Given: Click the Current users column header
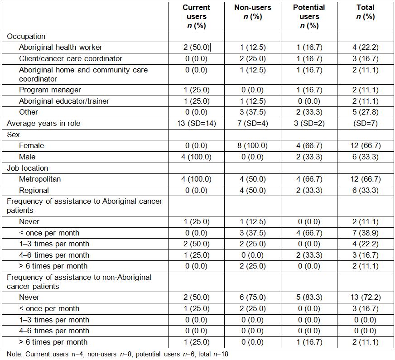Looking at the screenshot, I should [x=196, y=16].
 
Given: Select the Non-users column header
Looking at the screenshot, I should [x=252, y=12].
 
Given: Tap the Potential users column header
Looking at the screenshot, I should [x=308, y=16].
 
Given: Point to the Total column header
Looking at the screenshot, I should [x=365, y=12].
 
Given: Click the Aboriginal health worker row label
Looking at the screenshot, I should [x=61, y=48].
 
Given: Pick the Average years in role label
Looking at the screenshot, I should [x=43, y=123].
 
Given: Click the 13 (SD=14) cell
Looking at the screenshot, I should [x=196, y=123].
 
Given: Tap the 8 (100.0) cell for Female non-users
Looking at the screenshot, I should [x=252, y=146].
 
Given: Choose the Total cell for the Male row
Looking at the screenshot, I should [x=365, y=157].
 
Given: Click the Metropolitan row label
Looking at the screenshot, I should [x=40, y=179].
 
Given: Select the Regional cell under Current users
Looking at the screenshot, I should [x=196, y=190].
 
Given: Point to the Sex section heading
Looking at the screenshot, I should [x=14, y=134].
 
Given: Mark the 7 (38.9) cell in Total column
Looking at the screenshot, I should [x=365, y=233].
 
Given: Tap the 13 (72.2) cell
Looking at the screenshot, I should [x=365, y=298].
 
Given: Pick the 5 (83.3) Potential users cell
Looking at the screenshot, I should [x=308, y=298].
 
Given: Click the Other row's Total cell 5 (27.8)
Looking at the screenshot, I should [x=365, y=112].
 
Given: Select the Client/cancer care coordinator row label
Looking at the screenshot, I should [x=71, y=59].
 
